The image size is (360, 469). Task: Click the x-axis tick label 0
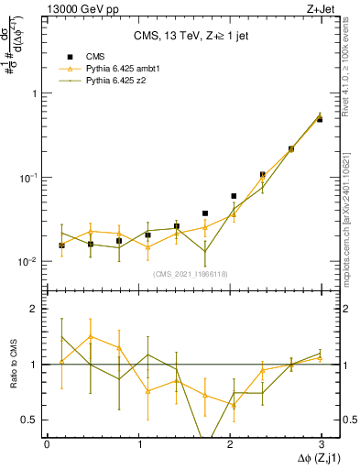point(47,443)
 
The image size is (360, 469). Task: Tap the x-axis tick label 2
point(229,443)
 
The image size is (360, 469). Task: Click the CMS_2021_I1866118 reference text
point(191,273)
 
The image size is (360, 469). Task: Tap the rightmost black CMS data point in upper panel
point(320,119)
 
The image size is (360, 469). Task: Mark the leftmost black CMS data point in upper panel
point(61,245)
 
